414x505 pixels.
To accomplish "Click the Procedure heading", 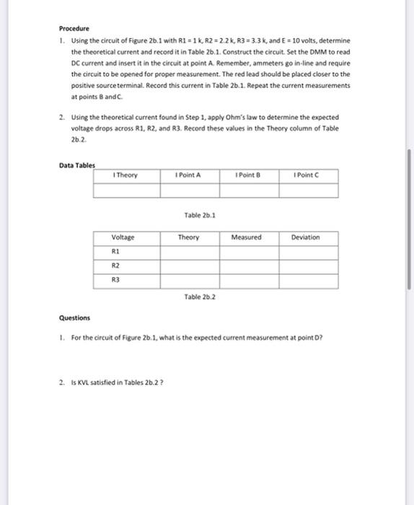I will point(74,28).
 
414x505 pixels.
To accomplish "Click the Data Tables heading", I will point(76,165).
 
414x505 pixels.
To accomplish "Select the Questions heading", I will point(74,317).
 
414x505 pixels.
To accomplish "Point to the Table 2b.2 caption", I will point(197,297).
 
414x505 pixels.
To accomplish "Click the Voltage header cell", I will point(123,237).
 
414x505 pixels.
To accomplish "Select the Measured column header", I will point(247,237).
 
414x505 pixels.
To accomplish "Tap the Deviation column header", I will point(306,237).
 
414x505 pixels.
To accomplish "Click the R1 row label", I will point(115,251).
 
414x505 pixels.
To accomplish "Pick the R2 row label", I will point(115,265).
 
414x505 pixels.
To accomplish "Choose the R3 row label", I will point(115,279).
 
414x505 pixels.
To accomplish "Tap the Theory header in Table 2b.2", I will point(189,237).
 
